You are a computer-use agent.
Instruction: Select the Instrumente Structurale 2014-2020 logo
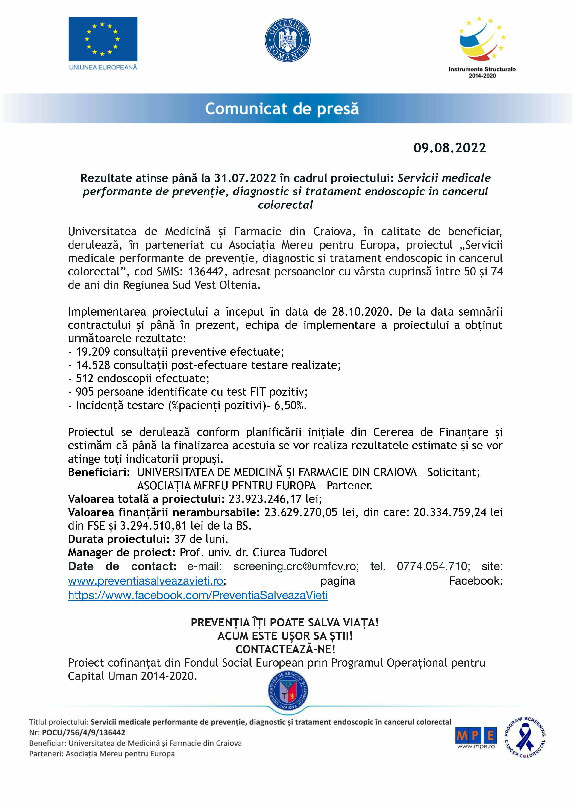tap(482, 46)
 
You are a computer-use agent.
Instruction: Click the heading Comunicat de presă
tap(282, 108)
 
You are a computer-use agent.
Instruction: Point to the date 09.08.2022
tap(449, 148)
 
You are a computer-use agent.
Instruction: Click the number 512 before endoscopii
tap(85, 378)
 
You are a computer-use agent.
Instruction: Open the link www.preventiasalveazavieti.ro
tap(145, 581)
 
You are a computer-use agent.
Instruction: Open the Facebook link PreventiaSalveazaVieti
tap(198, 595)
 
